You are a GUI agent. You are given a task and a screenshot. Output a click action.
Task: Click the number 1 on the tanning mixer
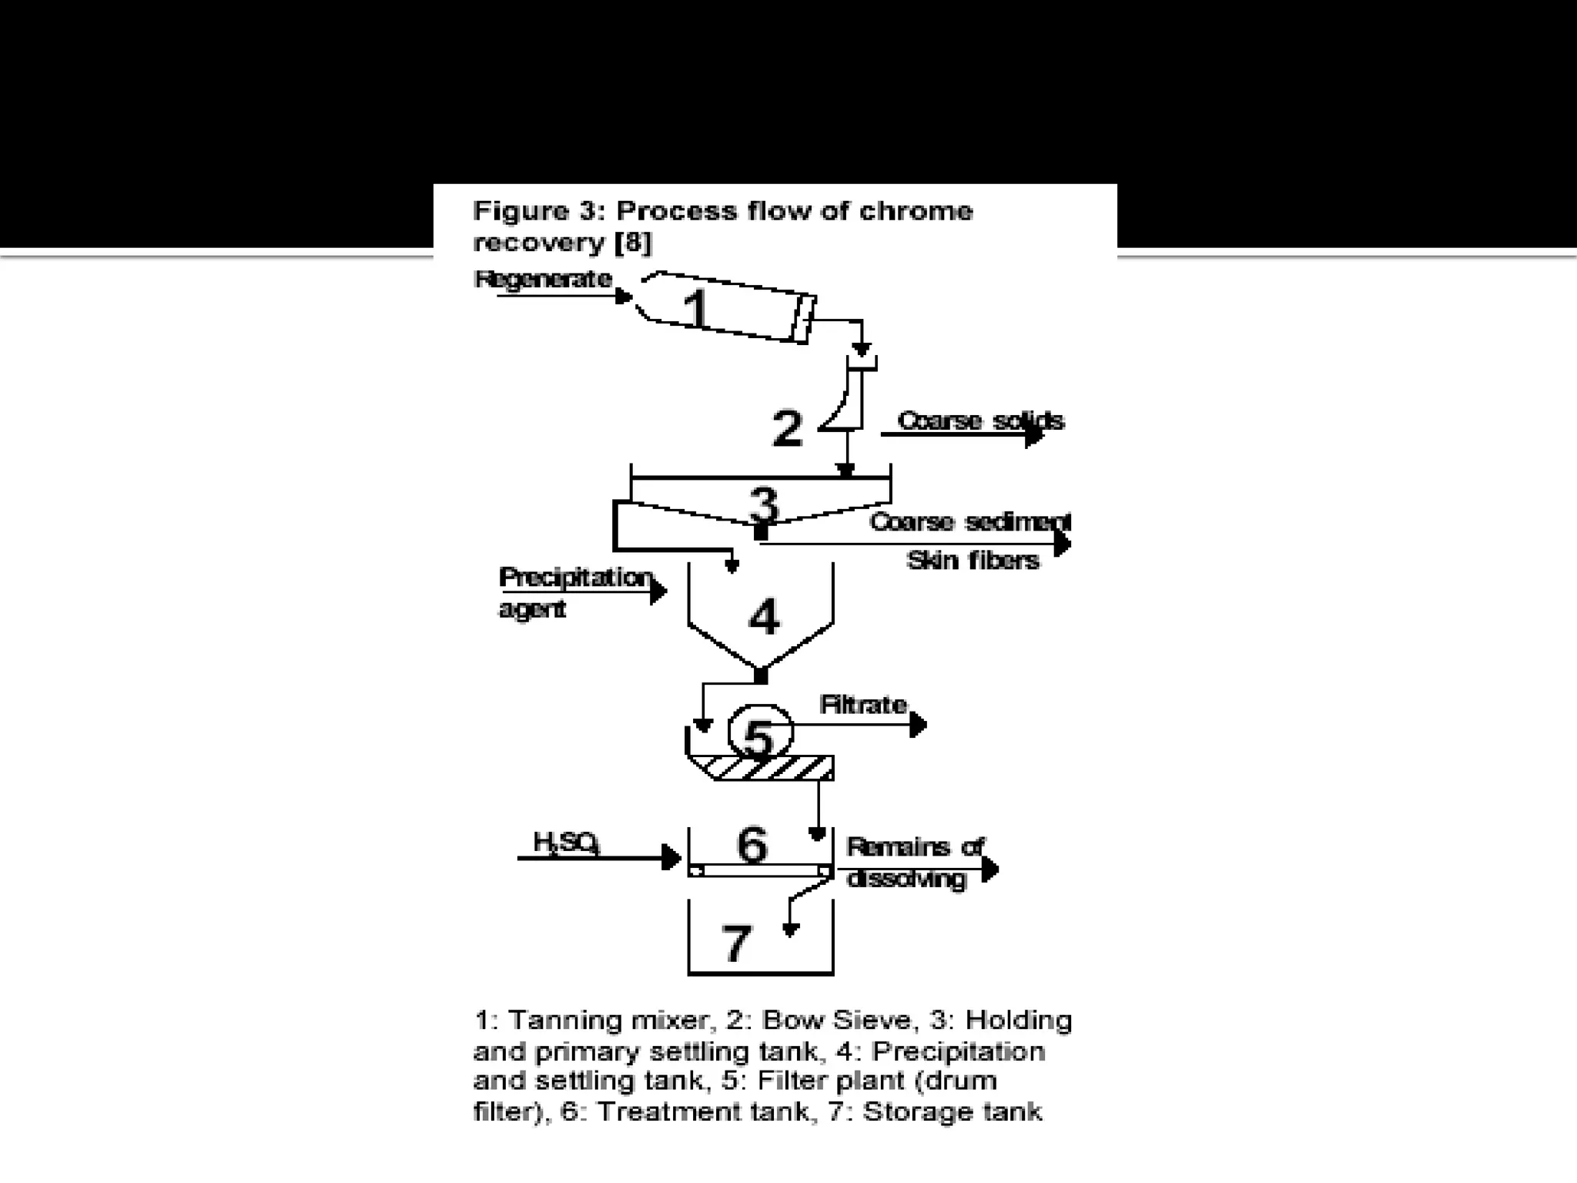click(x=695, y=308)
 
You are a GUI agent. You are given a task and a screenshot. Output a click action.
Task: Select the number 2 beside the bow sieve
click(x=786, y=428)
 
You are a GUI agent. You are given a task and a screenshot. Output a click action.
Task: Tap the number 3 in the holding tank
click(x=763, y=504)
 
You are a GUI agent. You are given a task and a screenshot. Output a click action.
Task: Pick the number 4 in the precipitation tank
click(x=763, y=616)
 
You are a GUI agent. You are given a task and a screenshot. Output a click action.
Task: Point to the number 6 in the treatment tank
click(x=752, y=844)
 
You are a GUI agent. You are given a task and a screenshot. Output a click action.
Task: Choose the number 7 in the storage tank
click(x=735, y=943)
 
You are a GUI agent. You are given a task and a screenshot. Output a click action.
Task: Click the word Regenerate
click(x=543, y=279)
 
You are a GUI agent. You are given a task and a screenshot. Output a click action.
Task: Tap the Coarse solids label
click(x=980, y=421)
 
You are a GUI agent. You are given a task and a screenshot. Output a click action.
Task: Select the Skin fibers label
click(x=973, y=560)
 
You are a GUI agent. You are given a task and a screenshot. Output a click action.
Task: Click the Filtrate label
click(x=863, y=705)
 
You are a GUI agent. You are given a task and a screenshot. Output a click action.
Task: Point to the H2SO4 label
click(x=566, y=843)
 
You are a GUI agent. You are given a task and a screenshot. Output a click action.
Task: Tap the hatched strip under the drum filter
click(x=770, y=767)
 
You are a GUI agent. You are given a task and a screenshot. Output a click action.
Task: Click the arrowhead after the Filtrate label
click(x=918, y=725)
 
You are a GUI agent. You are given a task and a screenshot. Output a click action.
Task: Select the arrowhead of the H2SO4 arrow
click(x=671, y=857)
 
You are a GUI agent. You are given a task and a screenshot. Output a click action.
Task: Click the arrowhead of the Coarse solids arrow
click(x=1034, y=435)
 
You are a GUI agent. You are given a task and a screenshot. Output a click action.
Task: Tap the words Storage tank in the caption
click(x=952, y=1112)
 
